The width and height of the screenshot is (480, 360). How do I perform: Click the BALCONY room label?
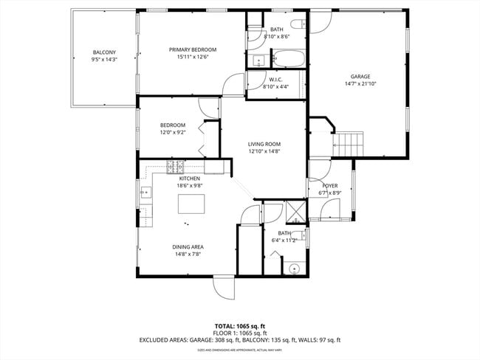[x=103, y=52]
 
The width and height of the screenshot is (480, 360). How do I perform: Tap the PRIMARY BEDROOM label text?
[x=191, y=50]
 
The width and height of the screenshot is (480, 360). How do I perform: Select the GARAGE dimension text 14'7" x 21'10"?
[x=360, y=83]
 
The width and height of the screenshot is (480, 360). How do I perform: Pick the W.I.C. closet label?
[x=275, y=80]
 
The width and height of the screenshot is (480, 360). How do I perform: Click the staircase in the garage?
[x=349, y=143]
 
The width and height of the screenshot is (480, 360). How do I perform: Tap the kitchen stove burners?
[x=175, y=166]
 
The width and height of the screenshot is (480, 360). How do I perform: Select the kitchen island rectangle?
[x=191, y=201]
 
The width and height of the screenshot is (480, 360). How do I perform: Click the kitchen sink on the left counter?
[x=145, y=194]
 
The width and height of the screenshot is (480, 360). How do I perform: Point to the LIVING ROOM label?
[x=264, y=144]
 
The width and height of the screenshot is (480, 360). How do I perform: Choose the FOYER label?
[x=330, y=186]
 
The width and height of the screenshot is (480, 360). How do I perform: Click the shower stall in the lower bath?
[x=295, y=211]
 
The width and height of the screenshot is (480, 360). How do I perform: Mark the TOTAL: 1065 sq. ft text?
[x=239, y=325]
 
